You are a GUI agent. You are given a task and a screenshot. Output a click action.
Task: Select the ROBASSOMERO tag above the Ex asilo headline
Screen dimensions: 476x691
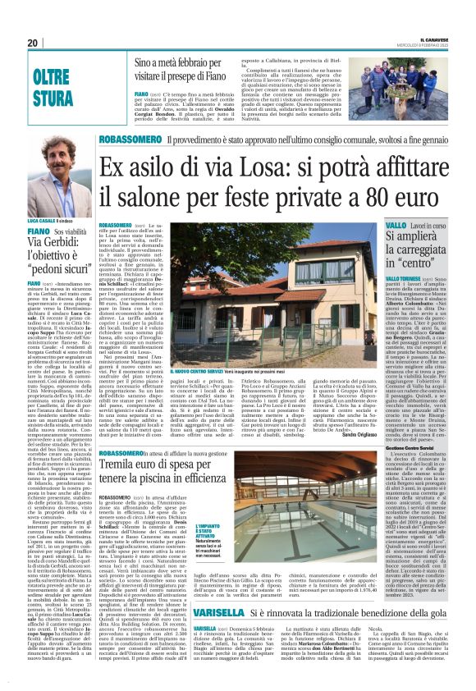click(130, 141)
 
